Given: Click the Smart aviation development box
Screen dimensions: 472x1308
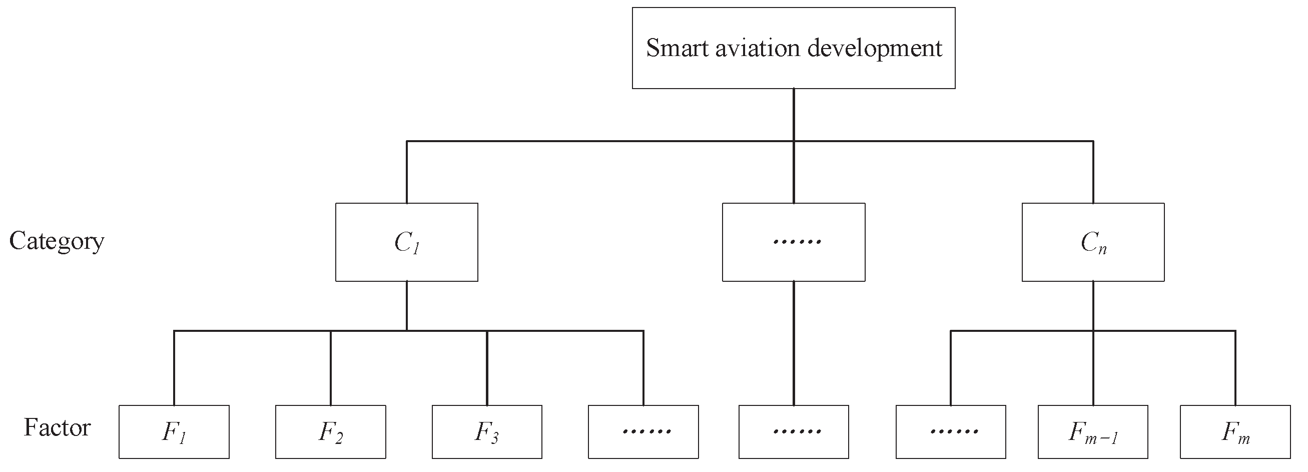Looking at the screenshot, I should point(793,48).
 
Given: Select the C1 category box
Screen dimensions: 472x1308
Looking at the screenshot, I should point(406,242).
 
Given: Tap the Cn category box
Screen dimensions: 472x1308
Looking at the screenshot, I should point(1093,242).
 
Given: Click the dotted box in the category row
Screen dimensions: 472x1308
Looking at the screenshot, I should point(793,242).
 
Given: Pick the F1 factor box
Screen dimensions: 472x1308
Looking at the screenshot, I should point(174,431).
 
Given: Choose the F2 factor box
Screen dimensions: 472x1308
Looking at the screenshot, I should point(330,431).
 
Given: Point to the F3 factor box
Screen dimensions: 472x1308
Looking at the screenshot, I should point(486,431).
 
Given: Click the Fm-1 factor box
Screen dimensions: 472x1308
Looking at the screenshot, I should point(1093,431).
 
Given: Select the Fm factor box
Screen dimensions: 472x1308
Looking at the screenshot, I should point(1235,431).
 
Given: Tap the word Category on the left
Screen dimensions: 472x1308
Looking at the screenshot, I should point(57,241).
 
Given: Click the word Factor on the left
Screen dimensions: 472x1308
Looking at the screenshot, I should point(57,427).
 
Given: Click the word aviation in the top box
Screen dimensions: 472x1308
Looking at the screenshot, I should point(758,48).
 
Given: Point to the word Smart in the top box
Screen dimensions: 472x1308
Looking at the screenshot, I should point(677,48).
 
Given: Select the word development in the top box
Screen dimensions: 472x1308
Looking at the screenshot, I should point(874,48).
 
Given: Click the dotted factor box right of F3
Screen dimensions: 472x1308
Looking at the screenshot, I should point(643,431).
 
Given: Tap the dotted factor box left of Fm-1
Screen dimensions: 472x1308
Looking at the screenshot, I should point(951,431).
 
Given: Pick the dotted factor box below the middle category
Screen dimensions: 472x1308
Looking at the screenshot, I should point(793,431).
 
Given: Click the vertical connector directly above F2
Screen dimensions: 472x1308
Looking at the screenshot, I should point(331,368).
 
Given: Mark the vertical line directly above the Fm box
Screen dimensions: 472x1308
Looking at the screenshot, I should point(1235,368).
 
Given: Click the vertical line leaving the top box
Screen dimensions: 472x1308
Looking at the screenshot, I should point(794,114).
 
